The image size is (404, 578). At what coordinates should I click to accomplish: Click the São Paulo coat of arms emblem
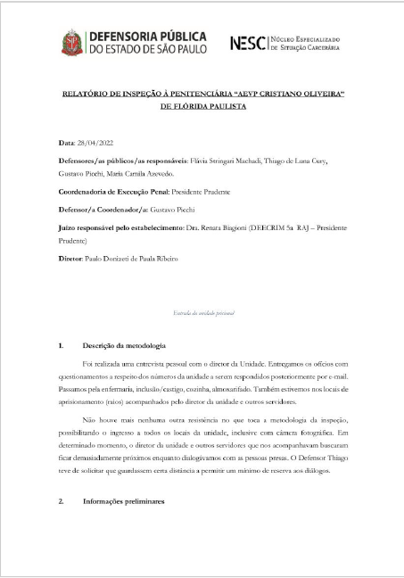pyautogui.click(x=70, y=42)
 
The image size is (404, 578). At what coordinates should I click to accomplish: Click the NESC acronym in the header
pyautogui.click(x=247, y=42)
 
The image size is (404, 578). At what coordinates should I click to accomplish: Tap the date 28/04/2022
pyautogui.click(x=95, y=142)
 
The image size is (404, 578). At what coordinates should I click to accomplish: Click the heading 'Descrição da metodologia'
pyautogui.click(x=125, y=344)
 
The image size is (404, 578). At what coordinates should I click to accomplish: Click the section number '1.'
pyautogui.click(x=62, y=344)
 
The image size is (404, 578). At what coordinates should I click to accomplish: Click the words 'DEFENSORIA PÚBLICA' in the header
pyautogui.click(x=147, y=36)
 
